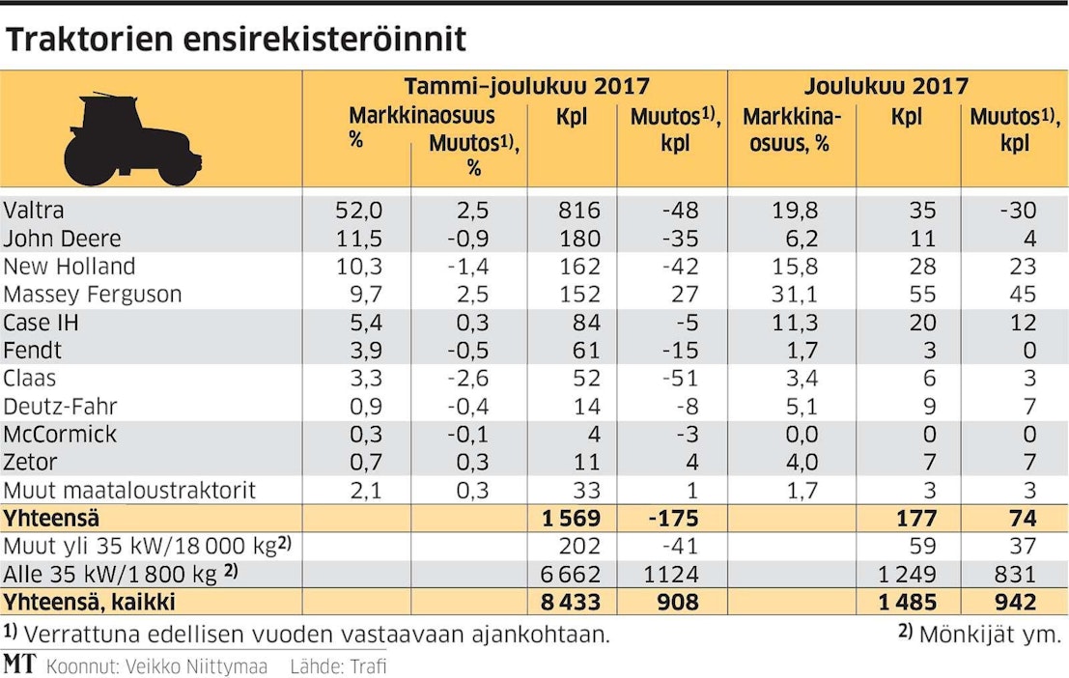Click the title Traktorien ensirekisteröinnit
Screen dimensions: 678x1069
pos(236,39)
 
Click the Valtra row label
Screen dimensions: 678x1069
pos(34,211)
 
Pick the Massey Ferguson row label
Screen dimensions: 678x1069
pos(93,295)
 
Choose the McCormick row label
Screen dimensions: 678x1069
pos(62,435)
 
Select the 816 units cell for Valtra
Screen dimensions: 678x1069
pos(579,211)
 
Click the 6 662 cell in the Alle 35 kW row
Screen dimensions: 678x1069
pos(570,575)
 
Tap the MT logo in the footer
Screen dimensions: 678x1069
pos(19,664)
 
